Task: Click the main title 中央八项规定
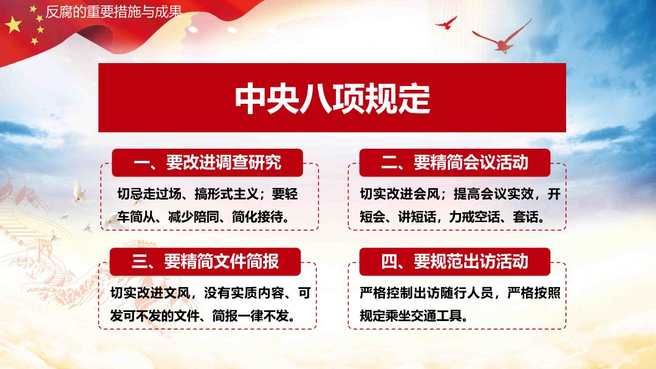pyautogui.click(x=332, y=99)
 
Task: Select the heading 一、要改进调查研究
pyautogui.click(x=208, y=163)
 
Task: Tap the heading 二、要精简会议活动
pyautogui.click(x=455, y=163)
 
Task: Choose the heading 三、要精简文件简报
pyautogui.click(x=205, y=262)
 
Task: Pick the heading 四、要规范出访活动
pyautogui.click(x=455, y=262)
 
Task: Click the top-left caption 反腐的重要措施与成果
pyautogui.click(x=114, y=12)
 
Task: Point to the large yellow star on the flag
pyautogui.click(x=13, y=25)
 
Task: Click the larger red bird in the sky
pyautogui.click(x=503, y=37)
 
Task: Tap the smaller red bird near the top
pyautogui.click(x=446, y=22)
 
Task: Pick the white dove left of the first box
pyautogui.click(x=78, y=192)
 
